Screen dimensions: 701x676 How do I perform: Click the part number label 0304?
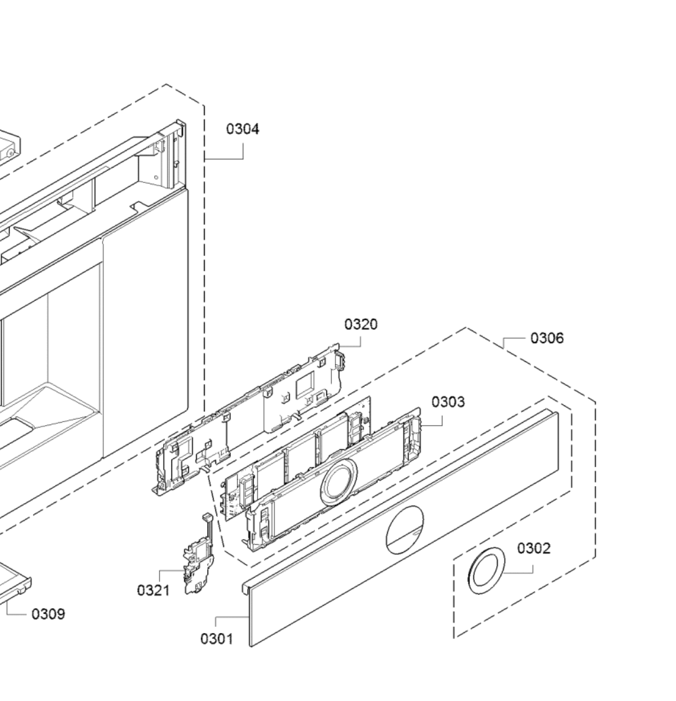pyautogui.click(x=243, y=129)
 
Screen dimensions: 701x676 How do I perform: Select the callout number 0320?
pyautogui.click(x=361, y=324)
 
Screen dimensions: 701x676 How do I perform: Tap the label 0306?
pyautogui.click(x=547, y=338)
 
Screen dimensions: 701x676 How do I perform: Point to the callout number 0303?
pyautogui.click(x=448, y=402)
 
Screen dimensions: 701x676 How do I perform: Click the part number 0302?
pyautogui.click(x=534, y=548)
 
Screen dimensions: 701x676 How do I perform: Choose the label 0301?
pyautogui.click(x=217, y=639)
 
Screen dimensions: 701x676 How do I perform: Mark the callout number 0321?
pyautogui.click(x=153, y=590)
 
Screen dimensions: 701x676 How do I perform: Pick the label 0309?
pyautogui.click(x=48, y=614)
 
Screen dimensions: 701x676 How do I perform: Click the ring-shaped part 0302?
pyautogui.click(x=487, y=571)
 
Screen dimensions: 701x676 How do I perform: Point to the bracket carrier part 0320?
pyautogui.click(x=249, y=423)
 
